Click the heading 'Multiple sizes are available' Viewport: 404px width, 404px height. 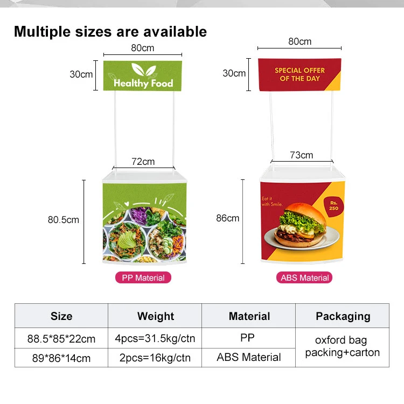(110, 31)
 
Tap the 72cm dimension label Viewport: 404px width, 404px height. (143, 162)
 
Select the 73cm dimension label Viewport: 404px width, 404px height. (301, 155)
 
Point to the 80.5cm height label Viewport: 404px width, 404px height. (63, 219)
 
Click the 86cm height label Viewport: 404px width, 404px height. (227, 218)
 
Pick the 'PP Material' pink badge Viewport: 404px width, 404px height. (143, 278)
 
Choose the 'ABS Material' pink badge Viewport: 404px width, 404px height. (305, 278)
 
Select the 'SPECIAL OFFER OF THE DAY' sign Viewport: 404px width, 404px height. (299, 74)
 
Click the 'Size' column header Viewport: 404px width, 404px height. (61, 316)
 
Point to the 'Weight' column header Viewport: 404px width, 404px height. (155, 316)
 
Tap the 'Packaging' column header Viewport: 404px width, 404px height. (343, 316)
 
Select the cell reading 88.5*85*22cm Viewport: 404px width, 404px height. (61, 339)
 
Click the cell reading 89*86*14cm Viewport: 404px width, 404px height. (61, 357)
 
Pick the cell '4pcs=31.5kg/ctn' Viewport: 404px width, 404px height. (155, 339)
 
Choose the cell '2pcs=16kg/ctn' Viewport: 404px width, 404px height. (155, 357)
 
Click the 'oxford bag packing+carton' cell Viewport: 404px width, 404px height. (343, 347)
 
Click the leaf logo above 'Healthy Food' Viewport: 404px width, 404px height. (143, 70)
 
